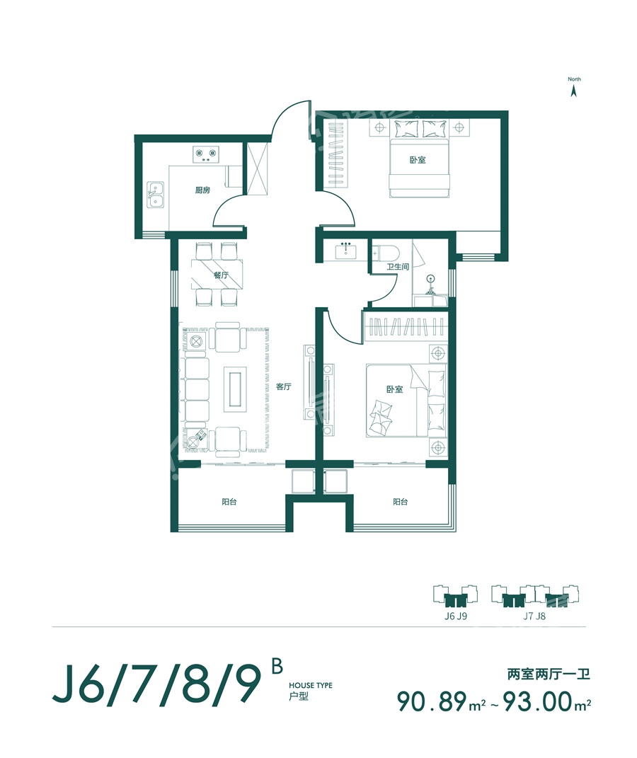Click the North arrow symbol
[574, 91]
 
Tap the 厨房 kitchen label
[202, 190]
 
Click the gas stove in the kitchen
[206, 154]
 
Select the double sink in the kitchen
[155, 195]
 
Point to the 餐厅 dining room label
[221, 275]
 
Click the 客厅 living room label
[284, 386]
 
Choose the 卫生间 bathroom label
[398, 266]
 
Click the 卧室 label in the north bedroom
[418, 159]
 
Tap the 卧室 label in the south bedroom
[394, 389]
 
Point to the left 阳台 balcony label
[229, 502]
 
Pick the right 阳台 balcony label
[400, 502]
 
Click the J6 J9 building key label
[456, 616]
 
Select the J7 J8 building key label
[534, 616]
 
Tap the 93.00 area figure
[538, 701]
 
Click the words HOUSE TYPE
[311, 686]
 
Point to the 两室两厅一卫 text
[549, 674]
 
